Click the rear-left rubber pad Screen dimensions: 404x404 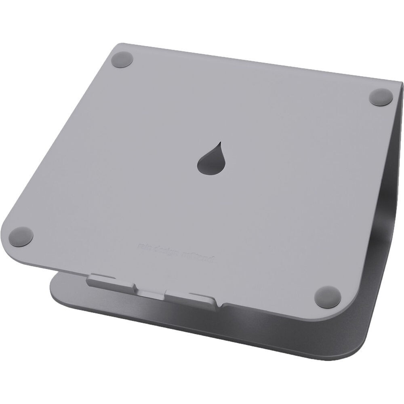coord(122,59)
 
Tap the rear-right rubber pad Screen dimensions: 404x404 coord(381,97)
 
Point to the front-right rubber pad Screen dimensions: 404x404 coord(328,296)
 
